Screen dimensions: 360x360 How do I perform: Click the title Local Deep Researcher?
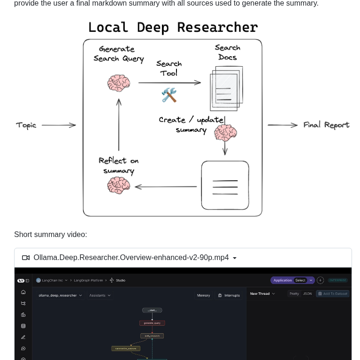[173, 28]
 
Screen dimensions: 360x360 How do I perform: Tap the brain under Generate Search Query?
[118, 84]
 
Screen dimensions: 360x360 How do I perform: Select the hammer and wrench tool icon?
[169, 95]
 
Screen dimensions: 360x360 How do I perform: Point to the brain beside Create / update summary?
[225, 133]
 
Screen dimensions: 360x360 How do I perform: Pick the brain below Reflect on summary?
[118, 185]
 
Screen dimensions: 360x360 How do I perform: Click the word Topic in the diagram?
[26, 125]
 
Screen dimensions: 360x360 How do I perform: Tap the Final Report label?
[326, 125]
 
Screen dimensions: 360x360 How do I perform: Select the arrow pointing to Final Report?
[283, 125]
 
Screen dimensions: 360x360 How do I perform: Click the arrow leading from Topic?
[59, 125]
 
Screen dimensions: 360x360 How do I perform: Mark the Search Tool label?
[169, 68]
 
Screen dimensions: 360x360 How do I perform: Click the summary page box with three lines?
[225, 185]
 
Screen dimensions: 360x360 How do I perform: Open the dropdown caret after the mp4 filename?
[235, 258]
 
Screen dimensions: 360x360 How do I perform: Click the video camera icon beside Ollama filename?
[26, 258]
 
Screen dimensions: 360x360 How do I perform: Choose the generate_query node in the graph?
[152, 323]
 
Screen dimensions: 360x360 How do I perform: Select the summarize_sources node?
[126, 348]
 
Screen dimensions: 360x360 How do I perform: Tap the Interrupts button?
[229, 295]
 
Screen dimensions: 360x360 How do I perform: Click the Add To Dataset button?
[332, 294]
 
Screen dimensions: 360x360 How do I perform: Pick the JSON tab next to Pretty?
[307, 294]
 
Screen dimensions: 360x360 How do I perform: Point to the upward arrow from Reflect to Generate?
[119, 124]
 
